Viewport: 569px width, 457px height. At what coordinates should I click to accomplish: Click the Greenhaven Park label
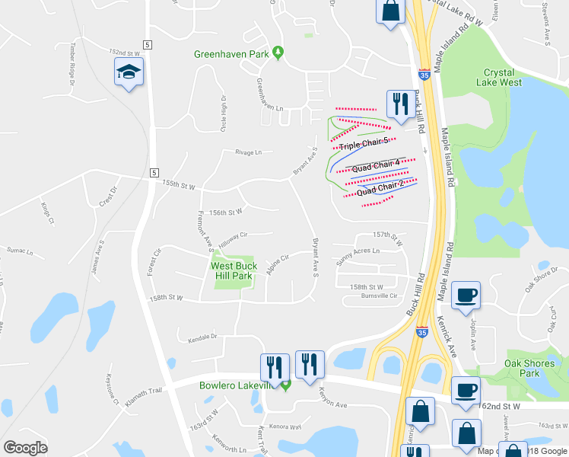click(x=232, y=54)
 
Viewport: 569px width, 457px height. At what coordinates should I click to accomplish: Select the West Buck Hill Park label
click(x=234, y=271)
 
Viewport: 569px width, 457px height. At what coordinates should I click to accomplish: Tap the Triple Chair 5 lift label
click(x=364, y=143)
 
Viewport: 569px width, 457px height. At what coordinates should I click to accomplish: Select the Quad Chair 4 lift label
click(x=375, y=164)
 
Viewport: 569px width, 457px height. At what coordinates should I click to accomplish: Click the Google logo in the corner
click(x=25, y=447)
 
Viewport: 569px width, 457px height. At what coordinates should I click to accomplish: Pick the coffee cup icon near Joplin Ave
click(x=466, y=296)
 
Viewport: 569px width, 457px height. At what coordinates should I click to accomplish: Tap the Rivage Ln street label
click(x=247, y=152)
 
